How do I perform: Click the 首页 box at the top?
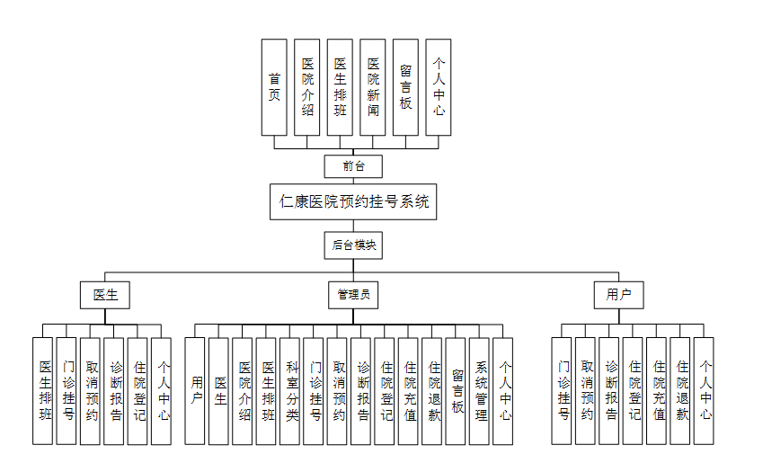274,87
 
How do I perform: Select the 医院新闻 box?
372,87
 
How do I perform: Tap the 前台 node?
353,166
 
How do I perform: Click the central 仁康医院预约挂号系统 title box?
353,201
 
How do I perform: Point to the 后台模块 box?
353,245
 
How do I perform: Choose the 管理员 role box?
353,294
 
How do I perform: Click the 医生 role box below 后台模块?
105,294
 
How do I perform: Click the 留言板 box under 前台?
405,87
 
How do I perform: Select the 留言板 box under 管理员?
456,391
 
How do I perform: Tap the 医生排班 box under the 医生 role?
43,391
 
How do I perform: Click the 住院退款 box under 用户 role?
680,391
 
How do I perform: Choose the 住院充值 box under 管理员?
408,391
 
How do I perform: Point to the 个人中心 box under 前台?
438,87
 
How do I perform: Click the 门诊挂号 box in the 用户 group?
562,391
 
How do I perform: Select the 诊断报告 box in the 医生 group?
114,391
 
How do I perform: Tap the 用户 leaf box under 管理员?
195,391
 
